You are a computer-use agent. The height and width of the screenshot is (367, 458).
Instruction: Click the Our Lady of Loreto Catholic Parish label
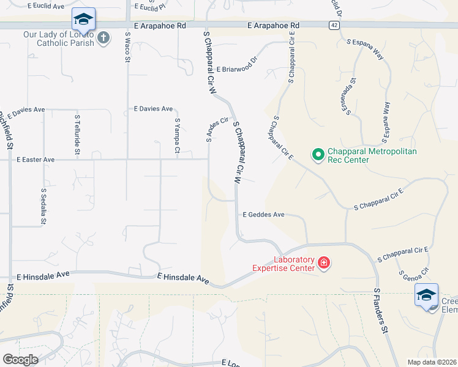[x=59, y=39]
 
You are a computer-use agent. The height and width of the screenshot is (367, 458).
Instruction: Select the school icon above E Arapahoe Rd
[x=83, y=19]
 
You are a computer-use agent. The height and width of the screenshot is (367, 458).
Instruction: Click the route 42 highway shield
[x=332, y=25]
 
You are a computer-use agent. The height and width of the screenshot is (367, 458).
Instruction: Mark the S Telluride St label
[x=77, y=133]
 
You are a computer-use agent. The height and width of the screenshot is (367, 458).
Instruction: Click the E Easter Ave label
[x=36, y=160]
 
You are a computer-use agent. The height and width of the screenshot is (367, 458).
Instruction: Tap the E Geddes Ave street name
[x=264, y=215]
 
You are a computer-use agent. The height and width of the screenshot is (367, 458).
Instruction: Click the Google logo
[x=20, y=360]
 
